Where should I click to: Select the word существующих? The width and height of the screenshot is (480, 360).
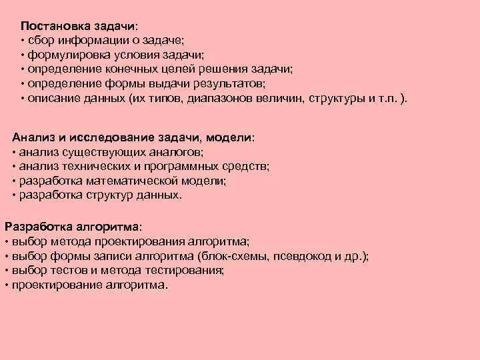pos(87,151)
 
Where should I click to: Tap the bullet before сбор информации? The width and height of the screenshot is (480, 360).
pos(23,40)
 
